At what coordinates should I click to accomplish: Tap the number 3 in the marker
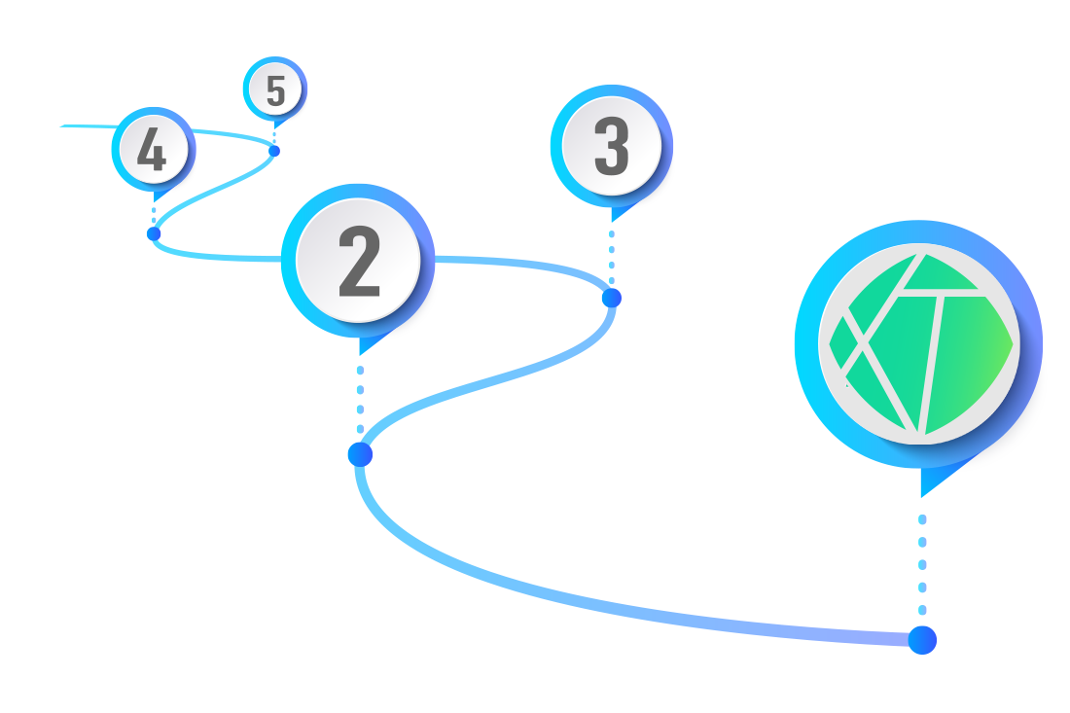[x=612, y=148]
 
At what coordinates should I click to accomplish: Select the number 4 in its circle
[x=152, y=150]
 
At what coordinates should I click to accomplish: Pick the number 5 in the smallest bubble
[x=275, y=90]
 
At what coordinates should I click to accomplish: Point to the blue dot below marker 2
[x=360, y=454]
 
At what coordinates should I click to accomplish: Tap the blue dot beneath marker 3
[x=611, y=298]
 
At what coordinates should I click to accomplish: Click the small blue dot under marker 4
[x=153, y=233]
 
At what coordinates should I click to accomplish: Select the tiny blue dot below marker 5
[x=274, y=151]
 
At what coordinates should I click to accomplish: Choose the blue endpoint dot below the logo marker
[x=922, y=640]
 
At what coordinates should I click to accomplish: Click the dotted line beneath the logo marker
[x=922, y=564]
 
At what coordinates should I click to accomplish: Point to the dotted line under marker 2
[x=360, y=399]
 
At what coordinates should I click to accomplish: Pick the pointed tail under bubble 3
[x=614, y=213]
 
